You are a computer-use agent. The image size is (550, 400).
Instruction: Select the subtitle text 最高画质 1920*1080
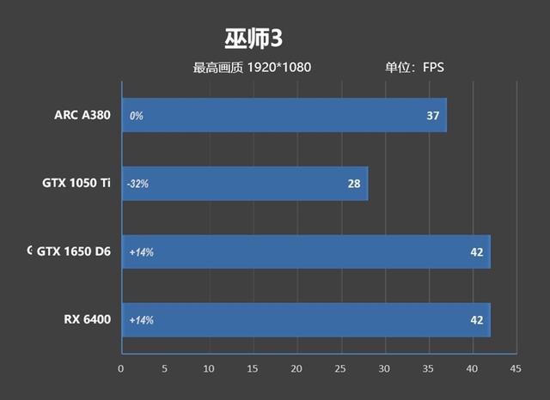[x=252, y=68]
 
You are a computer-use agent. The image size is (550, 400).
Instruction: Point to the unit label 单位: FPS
[x=413, y=68]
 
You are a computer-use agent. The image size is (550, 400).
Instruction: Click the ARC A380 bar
[x=284, y=115]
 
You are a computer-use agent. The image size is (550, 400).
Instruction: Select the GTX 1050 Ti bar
[x=245, y=183]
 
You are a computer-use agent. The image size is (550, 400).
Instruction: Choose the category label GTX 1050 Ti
[x=76, y=183]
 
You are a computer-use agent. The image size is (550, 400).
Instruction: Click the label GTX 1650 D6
[x=74, y=252]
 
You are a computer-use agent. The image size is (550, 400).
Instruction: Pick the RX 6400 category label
[x=88, y=320]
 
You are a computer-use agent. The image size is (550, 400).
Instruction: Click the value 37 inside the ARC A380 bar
[x=433, y=115]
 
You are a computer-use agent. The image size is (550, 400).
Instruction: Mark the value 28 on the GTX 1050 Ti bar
[x=354, y=183]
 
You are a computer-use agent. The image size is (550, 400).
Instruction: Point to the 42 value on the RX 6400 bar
[x=477, y=320]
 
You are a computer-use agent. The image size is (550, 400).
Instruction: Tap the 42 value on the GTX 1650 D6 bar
[x=477, y=252]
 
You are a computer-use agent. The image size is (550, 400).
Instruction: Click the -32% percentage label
[x=138, y=184]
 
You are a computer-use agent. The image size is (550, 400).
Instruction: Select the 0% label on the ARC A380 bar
[x=136, y=115]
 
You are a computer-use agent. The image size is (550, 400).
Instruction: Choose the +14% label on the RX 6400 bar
[x=141, y=320]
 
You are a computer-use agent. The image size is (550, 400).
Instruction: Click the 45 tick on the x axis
[x=515, y=369]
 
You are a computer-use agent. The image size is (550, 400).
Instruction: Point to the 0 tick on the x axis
[x=121, y=369]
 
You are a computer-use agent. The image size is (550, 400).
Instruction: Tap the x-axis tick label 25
[x=340, y=369]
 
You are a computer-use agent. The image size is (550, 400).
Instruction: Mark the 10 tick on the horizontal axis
[x=209, y=369]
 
